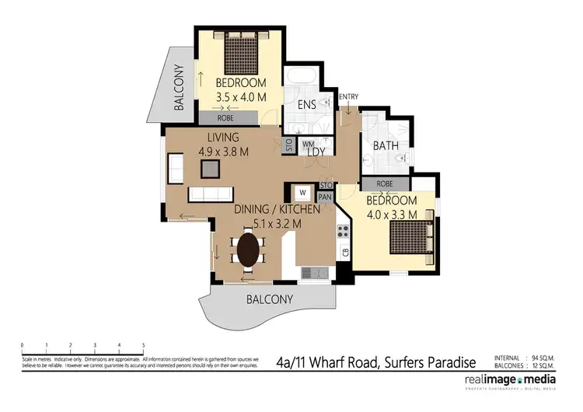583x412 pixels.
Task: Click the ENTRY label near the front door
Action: (348, 96)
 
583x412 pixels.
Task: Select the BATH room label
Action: (386, 145)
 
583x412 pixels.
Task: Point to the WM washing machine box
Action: (306, 144)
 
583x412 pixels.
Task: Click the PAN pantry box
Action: (326, 197)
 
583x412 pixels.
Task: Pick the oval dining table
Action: (248, 250)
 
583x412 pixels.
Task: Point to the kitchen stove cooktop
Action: (341, 231)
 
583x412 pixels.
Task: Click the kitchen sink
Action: (315, 272)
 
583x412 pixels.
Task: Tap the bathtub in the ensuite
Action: (299, 78)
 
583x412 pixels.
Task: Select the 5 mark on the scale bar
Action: (143, 344)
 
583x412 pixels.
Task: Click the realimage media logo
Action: (510, 380)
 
